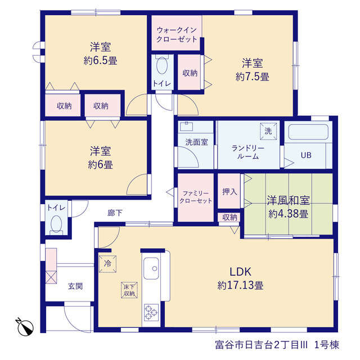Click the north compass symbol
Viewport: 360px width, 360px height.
point(25,326)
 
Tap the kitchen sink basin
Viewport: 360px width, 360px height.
point(151,268)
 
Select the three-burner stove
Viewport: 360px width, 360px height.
point(151,312)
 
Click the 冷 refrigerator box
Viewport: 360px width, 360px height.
point(107,264)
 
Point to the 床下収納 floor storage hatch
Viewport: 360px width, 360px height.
point(129,290)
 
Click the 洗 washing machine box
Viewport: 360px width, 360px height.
point(268,131)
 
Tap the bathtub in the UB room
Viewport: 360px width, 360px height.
point(308,132)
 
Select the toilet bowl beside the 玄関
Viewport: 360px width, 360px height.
point(56,224)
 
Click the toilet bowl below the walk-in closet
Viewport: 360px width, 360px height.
point(162,65)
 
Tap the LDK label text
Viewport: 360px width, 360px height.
point(241,272)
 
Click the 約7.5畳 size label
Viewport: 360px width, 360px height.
point(253,76)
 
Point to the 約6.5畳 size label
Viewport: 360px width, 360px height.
point(100,61)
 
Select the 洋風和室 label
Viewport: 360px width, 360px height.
point(289,200)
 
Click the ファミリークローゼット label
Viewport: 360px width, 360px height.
point(196,197)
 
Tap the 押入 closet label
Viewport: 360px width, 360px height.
point(229,192)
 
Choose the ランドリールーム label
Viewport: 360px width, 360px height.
point(248,152)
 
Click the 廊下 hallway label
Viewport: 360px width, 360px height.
point(115,213)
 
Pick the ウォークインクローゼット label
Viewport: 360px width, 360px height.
point(177,34)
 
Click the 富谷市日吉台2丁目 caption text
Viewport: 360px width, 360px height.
point(261,345)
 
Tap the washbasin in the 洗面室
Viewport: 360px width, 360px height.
point(186,126)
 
